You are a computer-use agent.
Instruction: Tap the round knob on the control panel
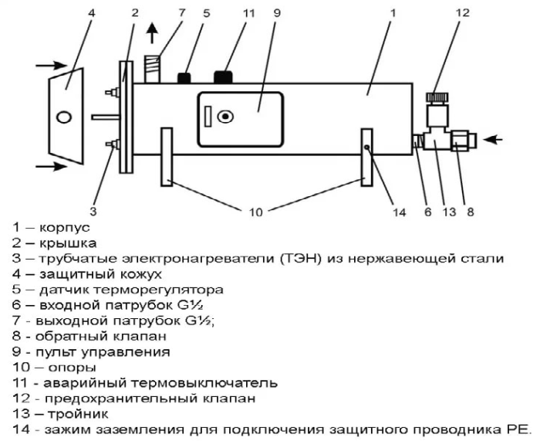(225, 118)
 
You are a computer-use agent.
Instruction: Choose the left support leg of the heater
(167, 157)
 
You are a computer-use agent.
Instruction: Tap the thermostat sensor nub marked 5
(184, 77)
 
